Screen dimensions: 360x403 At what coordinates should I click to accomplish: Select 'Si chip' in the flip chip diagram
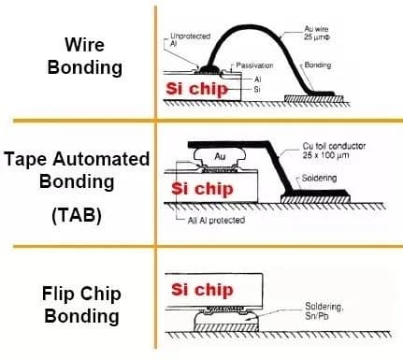tap(200, 291)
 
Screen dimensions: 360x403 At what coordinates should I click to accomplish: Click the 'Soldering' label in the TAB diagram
tap(327, 177)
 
